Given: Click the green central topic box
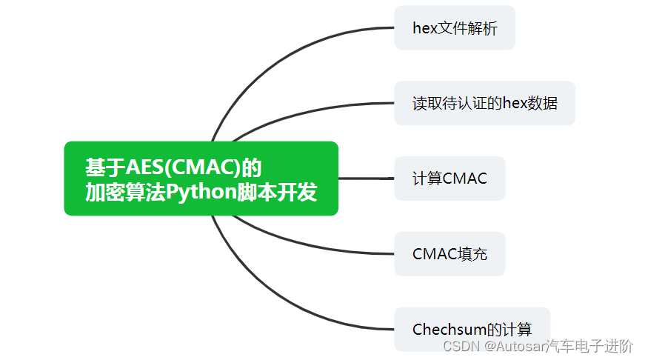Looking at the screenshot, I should click(201, 179).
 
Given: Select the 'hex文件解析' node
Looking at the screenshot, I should click(454, 28).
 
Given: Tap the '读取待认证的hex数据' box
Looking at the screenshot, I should click(484, 103).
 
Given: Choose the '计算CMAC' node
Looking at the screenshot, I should click(450, 179).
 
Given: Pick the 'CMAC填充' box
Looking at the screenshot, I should click(450, 254).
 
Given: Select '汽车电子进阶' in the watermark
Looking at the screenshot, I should click(589, 346).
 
